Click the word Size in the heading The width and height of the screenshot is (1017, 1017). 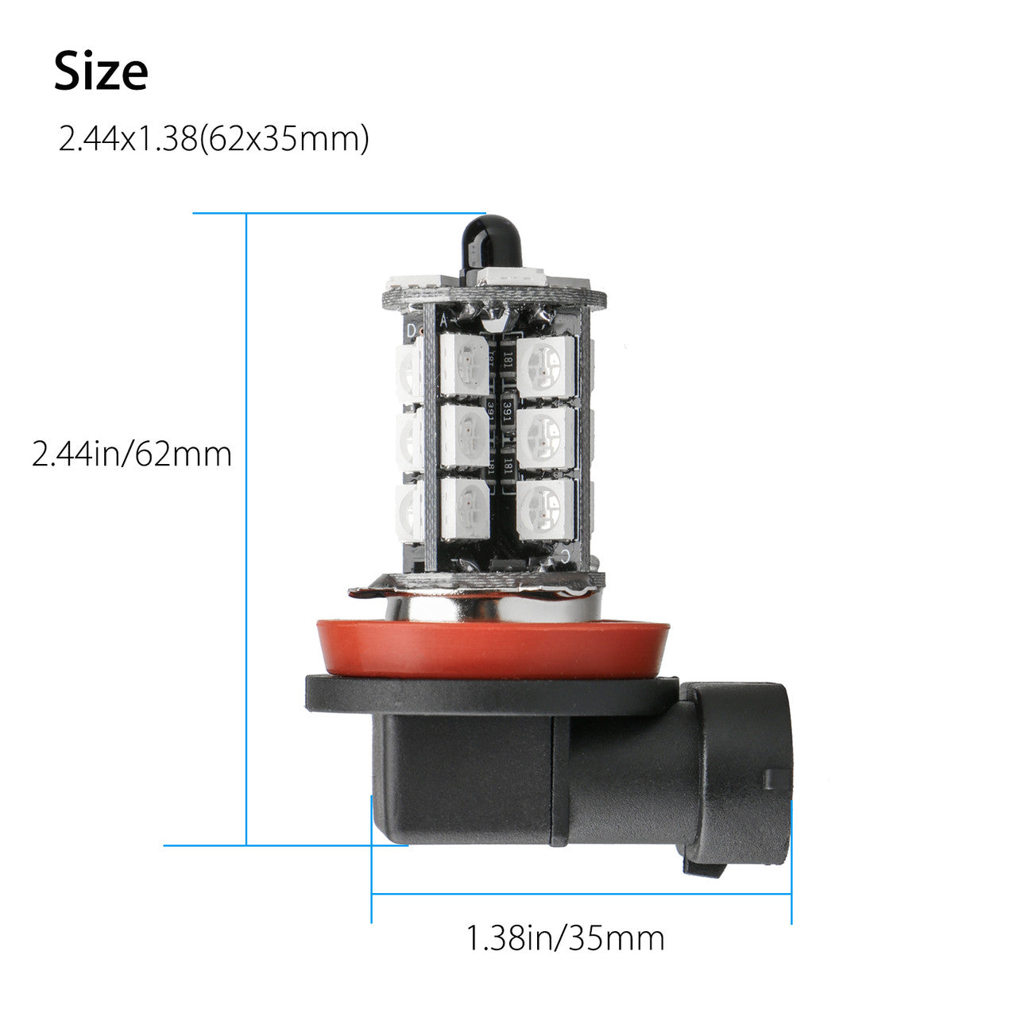pyautogui.click(x=101, y=72)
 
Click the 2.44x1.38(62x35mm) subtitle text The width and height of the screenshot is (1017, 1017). pyautogui.click(x=213, y=140)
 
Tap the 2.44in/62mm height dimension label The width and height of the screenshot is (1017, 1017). pyautogui.click(x=132, y=454)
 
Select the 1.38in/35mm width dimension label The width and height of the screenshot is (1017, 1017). pyautogui.click(x=565, y=938)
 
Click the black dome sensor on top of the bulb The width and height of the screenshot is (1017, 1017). pyautogui.click(x=492, y=246)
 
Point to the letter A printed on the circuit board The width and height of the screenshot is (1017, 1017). pyautogui.click(x=444, y=320)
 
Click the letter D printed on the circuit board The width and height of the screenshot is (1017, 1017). pyautogui.click(x=412, y=331)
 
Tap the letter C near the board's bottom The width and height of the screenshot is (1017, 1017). pyautogui.click(x=565, y=555)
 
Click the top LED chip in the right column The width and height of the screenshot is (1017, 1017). pyautogui.click(x=545, y=365)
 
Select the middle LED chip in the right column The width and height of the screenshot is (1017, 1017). pyautogui.click(x=545, y=437)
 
